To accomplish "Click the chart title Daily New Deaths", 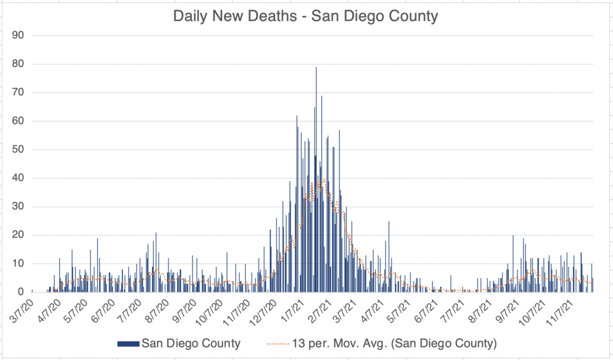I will pyautogui.click(x=306, y=16).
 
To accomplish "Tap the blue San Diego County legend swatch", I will pyautogui.click(x=128, y=343).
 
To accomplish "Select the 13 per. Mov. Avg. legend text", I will pyautogui.click(x=396, y=343).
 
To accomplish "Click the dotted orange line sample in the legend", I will pyautogui.click(x=277, y=343).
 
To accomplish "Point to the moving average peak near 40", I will pyautogui.click(x=324, y=179).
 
